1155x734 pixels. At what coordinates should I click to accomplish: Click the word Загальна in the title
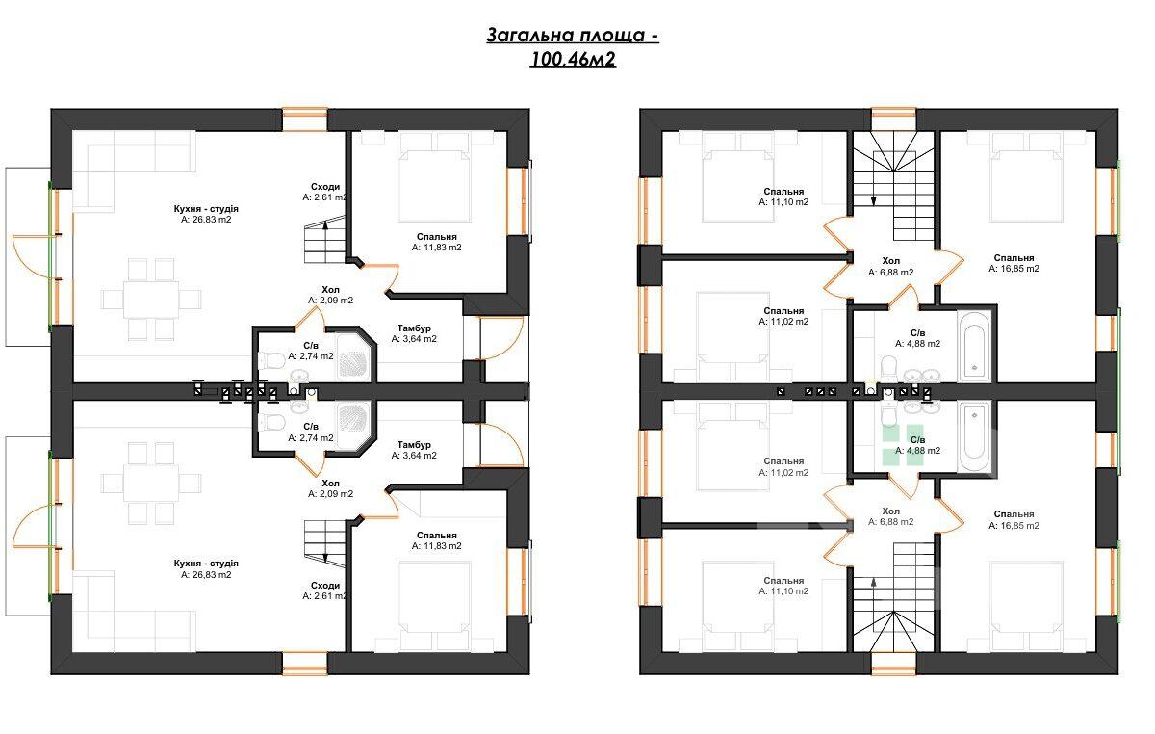tap(530, 35)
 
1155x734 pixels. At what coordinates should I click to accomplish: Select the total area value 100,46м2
tap(573, 60)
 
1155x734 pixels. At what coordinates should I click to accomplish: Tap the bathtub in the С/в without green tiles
tap(973, 346)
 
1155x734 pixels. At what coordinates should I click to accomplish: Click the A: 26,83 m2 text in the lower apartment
tap(206, 574)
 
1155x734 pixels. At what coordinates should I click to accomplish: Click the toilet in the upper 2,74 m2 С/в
tap(271, 359)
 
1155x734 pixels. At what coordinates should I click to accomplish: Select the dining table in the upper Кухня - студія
tap(151, 300)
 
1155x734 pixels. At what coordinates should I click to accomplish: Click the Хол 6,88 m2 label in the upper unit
tap(891, 267)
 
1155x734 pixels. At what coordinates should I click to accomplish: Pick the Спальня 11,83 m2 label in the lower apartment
tap(437, 540)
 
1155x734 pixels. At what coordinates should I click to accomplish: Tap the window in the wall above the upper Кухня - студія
tap(305, 119)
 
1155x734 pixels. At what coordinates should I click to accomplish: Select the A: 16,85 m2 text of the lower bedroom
tap(1014, 526)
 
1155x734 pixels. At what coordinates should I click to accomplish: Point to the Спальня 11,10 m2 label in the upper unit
tap(783, 197)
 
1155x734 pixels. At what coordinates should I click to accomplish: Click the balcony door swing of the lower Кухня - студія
tap(32, 526)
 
